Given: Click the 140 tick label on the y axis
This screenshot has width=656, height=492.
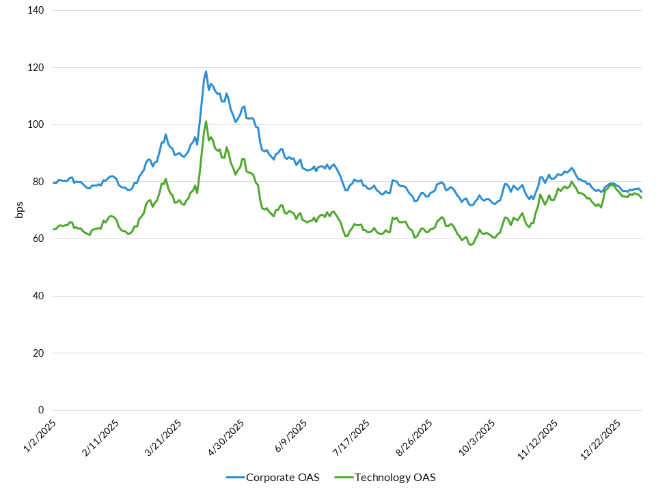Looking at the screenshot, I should click(36, 11).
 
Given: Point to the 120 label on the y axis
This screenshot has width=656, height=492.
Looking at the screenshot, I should click(36, 68).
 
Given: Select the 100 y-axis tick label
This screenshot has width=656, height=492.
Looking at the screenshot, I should click(36, 125).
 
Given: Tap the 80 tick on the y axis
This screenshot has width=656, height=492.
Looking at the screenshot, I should click(38, 182).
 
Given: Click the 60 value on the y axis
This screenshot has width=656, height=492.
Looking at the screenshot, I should click(38, 239).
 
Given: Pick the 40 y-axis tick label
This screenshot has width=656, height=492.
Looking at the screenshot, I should click(38, 296).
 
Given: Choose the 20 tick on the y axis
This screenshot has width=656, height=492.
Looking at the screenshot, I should click(38, 353).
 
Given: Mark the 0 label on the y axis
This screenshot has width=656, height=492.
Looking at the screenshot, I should click(41, 410).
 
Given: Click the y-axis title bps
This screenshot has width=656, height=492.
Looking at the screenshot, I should click(20, 210).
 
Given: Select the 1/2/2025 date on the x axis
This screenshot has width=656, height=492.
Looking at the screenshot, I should click(40, 435).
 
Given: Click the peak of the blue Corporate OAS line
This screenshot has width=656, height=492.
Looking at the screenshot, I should click(206, 71).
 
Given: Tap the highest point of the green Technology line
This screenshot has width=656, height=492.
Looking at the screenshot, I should click(206, 122).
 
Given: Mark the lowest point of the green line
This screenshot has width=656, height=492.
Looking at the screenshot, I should click(471, 245).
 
